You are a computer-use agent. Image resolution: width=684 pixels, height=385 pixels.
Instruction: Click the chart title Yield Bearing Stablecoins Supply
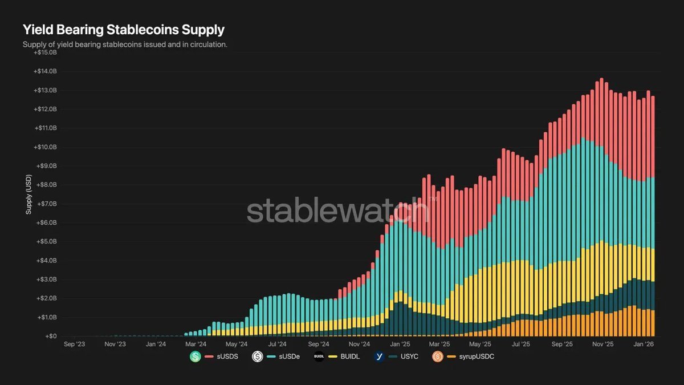123,30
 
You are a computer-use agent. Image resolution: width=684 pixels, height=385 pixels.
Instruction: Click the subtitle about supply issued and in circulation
125,44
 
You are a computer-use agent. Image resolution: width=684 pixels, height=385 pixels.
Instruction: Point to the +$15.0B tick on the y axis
46,52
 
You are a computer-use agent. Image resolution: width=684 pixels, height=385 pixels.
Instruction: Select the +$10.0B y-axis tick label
46,147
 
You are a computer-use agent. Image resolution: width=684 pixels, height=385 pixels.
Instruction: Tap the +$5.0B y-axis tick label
46,242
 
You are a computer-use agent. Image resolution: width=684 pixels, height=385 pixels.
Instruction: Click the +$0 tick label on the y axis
50,337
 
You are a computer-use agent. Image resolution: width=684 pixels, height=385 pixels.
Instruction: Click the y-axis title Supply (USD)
28,195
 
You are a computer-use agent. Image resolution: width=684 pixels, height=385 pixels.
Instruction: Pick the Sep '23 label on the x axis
75,345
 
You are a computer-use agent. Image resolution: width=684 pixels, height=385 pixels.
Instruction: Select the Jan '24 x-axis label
156,345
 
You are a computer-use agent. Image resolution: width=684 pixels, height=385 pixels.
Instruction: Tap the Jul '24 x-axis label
277,345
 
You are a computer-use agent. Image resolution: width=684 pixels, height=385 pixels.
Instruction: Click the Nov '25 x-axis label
602,345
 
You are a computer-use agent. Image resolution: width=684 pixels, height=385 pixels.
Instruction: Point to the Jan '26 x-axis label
644,345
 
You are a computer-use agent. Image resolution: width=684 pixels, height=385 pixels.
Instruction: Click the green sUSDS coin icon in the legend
196,357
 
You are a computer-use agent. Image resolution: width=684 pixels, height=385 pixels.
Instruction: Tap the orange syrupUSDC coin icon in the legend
438,357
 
